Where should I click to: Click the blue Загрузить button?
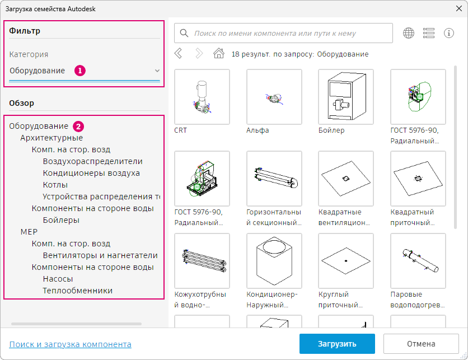[337, 344]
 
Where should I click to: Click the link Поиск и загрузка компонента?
[70, 344]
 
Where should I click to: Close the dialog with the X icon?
[459, 8]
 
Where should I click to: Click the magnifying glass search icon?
[184, 33]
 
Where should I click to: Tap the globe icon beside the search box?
[409, 33]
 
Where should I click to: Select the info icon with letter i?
[449, 33]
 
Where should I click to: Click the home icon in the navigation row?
[219, 54]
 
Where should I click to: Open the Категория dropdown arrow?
[157, 71]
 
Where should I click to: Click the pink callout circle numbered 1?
[80, 71]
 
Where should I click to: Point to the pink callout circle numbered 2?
[78, 127]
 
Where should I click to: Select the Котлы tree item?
[55, 185]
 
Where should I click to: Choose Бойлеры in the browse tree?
[61, 220]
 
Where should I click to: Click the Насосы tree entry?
[58, 279]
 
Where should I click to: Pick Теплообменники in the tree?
[78, 291]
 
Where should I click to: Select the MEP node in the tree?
[29, 232]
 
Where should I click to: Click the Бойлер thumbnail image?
[346, 97]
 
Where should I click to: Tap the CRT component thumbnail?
[202, 97]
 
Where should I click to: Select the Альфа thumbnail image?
[274, 97]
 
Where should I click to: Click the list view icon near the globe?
[429, 33]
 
